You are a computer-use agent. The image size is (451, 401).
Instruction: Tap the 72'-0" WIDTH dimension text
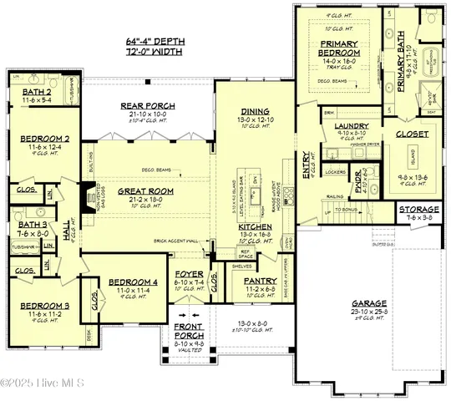163,51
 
